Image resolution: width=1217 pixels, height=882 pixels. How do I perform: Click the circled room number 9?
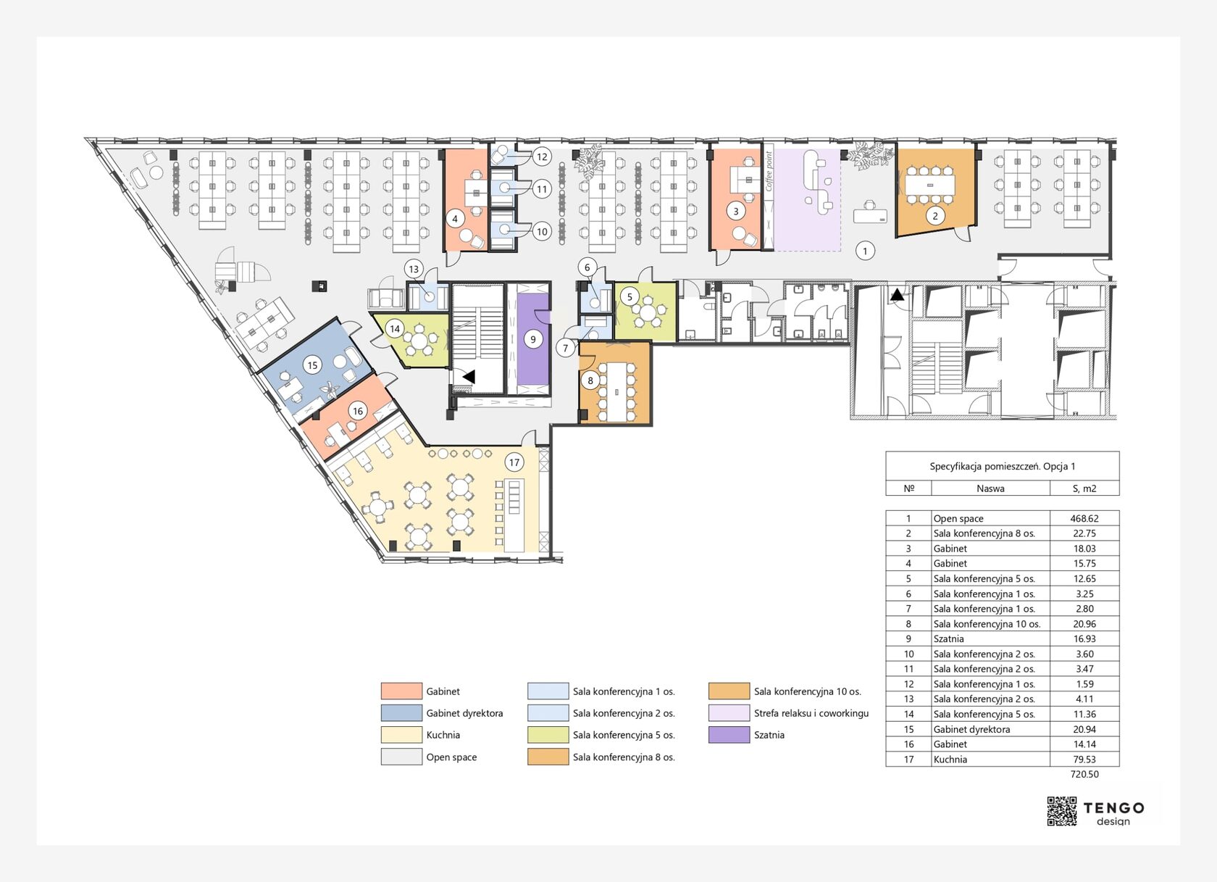533,339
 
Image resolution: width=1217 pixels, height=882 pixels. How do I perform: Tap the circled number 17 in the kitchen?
514,462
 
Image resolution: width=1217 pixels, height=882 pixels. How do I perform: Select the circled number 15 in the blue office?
312,365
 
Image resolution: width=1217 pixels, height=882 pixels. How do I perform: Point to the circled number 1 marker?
865,251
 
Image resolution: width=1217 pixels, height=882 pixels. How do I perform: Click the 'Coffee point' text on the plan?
769,172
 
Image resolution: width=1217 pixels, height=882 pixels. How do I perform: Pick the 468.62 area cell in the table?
1084,518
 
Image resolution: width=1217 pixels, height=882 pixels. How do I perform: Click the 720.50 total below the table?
1084,774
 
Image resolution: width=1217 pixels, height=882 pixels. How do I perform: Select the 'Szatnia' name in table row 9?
949,638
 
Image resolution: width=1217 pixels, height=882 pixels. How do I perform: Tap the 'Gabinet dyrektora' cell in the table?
971,729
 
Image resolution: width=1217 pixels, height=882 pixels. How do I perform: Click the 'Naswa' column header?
990,488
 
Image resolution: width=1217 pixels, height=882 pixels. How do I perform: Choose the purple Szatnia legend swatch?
729,735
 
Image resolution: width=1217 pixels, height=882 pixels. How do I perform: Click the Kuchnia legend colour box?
401,735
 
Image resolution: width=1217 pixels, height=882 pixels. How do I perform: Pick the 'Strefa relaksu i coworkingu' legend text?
811,713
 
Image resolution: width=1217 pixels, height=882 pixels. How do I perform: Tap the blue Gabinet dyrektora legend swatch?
401,712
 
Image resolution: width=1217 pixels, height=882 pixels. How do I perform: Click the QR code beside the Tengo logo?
1062,812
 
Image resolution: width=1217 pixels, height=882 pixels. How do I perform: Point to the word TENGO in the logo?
1114,808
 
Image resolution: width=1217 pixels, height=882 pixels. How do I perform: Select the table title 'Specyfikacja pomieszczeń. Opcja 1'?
1002,466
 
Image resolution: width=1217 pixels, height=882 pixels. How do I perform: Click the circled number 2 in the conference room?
935,216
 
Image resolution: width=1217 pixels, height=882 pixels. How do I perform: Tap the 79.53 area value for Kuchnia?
1084,760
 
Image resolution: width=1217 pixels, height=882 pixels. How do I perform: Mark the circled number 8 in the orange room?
590,380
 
